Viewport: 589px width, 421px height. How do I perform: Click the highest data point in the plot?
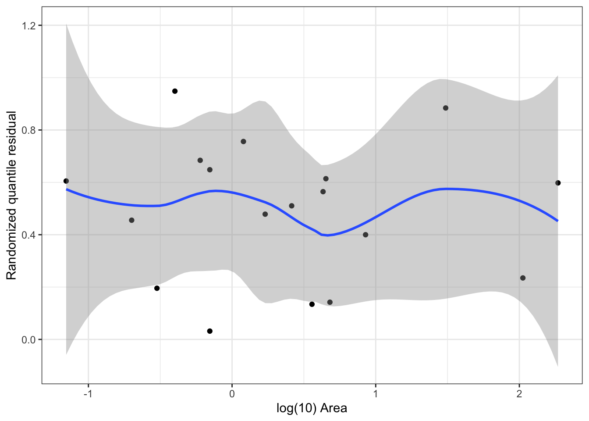click(175, 91)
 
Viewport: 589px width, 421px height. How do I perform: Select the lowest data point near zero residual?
click(210, 331)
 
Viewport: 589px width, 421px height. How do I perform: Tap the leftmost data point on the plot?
click(66, 181)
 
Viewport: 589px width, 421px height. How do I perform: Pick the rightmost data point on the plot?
click(558, 183)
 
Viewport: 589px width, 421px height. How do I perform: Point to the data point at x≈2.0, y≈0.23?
click(522, 278)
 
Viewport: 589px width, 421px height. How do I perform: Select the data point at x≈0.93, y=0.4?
click(365, 235)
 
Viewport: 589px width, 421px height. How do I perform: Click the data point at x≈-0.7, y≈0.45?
click(131, 220)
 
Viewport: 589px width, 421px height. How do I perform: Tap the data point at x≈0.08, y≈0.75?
click(243, 141)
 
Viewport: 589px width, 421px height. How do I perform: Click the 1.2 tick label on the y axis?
click(29, 25)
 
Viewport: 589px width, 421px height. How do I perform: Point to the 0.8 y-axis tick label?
click(29, 130)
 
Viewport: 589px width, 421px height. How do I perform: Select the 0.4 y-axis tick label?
click(29, 235)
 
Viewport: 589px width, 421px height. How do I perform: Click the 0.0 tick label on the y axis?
click(29, 339)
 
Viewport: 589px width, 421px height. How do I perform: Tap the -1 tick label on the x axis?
click(88, 394)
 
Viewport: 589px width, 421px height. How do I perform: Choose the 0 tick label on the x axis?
click(232, 394)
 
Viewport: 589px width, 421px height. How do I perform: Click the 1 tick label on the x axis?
click(376, 394)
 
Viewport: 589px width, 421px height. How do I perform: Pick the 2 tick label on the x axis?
click(519, 394)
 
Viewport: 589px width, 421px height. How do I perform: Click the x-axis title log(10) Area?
click(312, 408)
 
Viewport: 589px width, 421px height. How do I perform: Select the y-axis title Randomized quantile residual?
click(11, 195)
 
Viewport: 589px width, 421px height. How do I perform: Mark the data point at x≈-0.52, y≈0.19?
click(157, 288)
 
